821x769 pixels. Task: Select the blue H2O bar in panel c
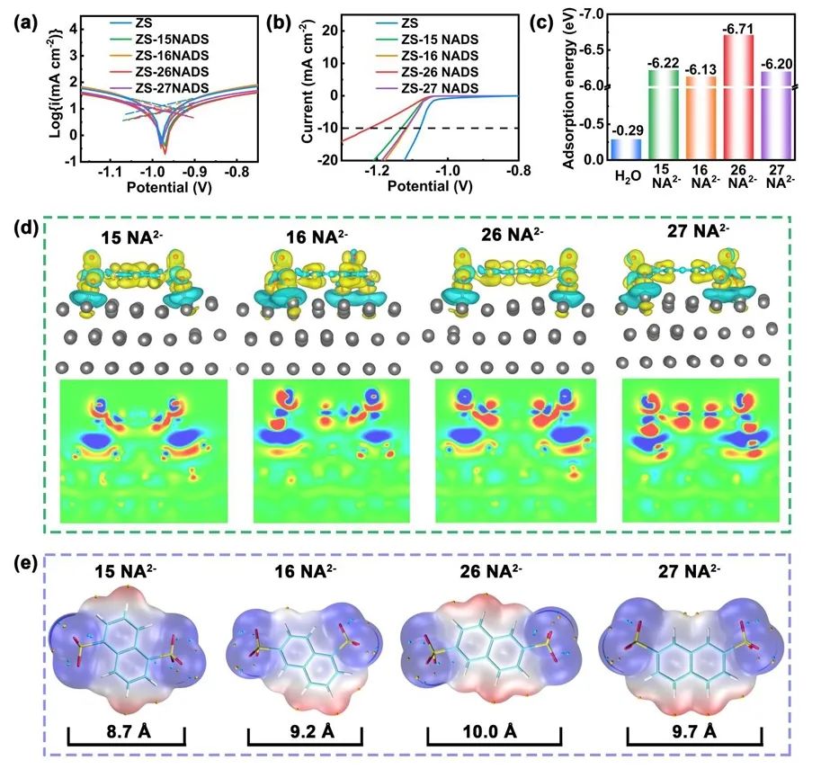(626, 149)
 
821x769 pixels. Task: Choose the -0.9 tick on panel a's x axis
(196, 169)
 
